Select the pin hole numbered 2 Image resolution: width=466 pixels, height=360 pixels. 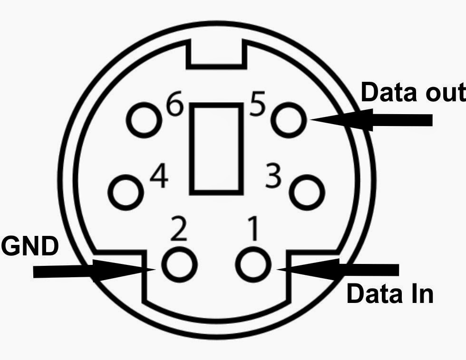(x=179, y=264)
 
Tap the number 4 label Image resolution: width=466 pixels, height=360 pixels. (x=159, y=177)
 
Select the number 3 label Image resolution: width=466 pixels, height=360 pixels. (x=273, y=176)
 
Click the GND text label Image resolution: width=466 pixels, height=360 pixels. (x=29, y=247)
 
